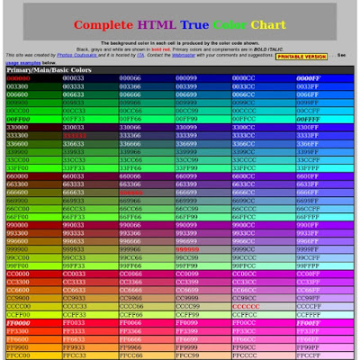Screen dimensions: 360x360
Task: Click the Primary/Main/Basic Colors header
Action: (x=49, y=69)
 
